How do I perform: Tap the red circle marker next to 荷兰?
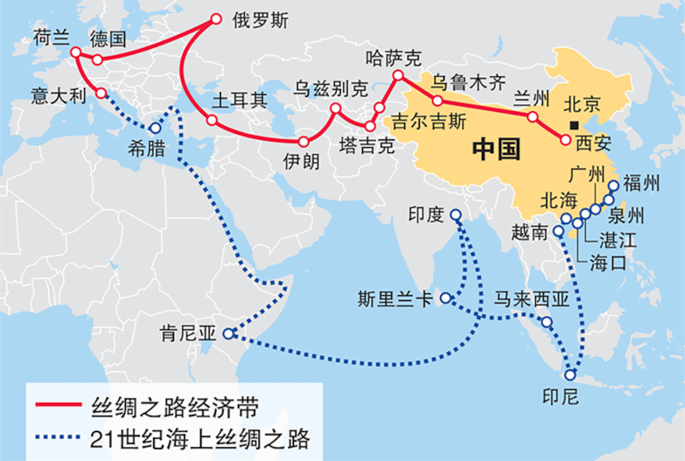coord(76,53)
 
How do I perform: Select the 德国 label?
coord(107,38)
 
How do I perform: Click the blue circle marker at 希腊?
coord(156,127)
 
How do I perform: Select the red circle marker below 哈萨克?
coord(398,77)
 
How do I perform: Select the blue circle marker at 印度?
coord(456,216)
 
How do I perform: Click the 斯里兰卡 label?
coord(396,300)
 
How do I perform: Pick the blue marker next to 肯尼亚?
coord(229,334)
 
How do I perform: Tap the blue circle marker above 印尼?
coord(571,374)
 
